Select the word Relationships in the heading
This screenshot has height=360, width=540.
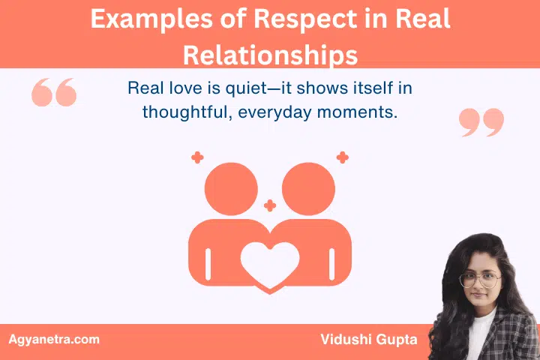click(x=270, y=53)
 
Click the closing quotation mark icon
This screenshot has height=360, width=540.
click(x=481, y=121)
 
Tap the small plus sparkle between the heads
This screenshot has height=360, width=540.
click(x=270, y=205)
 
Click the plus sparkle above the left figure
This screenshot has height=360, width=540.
click(x=197, y=157)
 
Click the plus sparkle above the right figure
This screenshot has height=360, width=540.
click(x=342, y=157)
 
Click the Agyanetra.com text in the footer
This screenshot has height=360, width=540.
click(x=53, y=339)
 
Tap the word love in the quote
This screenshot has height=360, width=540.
click(x=176, y=88)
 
